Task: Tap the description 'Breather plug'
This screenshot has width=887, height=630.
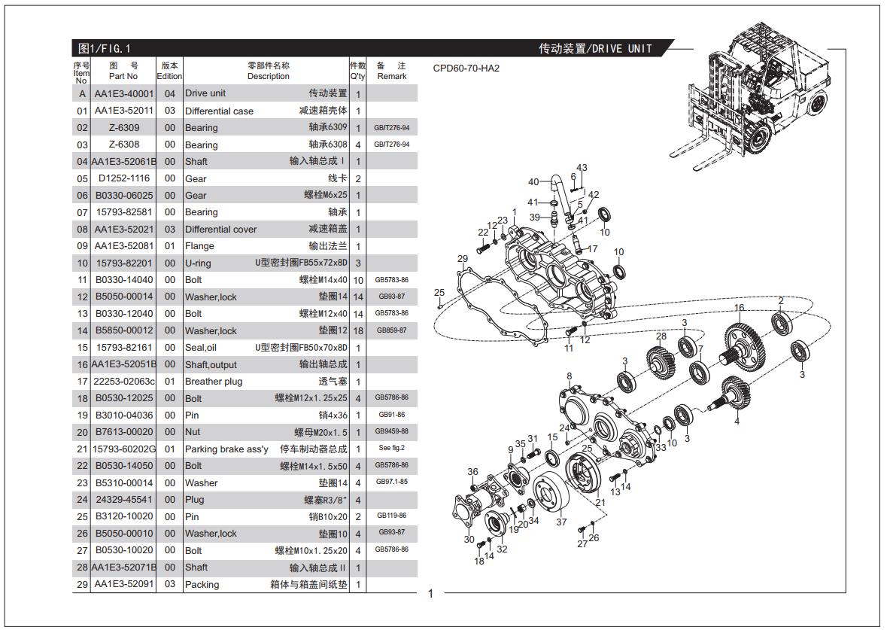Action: (214, 382)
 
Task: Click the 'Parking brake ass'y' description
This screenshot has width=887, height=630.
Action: (226, 449)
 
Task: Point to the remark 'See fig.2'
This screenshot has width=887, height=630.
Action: (391, 449)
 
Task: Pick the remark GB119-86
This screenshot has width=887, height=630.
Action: (391, 516)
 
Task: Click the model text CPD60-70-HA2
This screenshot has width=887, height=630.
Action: (466, 68)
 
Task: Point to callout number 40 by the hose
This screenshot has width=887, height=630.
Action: (533, 181)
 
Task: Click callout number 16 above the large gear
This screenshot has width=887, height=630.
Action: (739, 308)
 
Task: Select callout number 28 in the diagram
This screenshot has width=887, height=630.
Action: (661, 336)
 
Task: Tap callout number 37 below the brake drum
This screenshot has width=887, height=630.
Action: (561, 522)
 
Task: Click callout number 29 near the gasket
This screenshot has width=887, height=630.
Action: (463, 259)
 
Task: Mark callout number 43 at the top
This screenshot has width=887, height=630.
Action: (582, 168)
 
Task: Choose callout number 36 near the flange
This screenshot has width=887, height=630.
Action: (472, 472)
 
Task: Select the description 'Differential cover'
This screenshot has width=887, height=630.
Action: (220, 230)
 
